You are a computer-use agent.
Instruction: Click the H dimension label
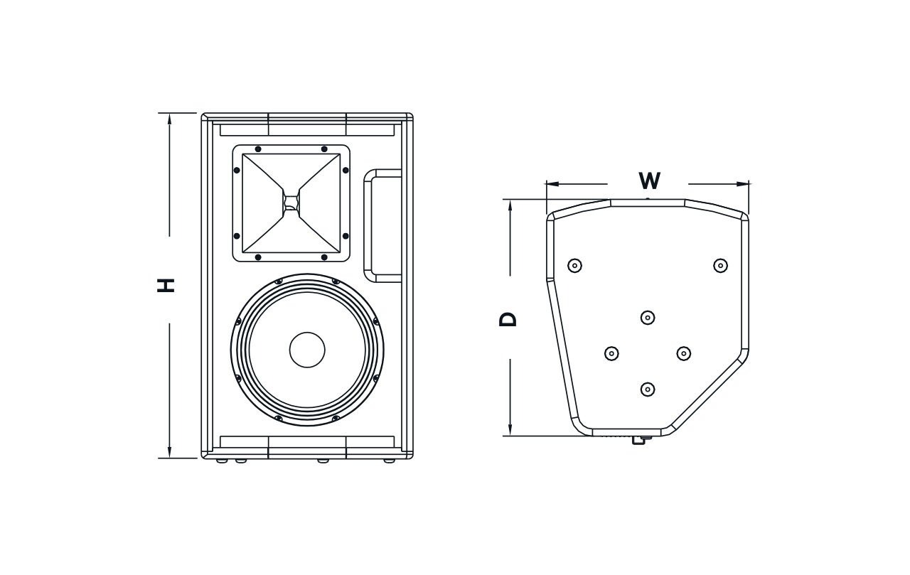[166, 286]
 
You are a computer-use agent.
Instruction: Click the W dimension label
[649, 181]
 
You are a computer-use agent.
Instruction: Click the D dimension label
[508, 319]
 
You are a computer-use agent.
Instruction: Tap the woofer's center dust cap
[307, 350]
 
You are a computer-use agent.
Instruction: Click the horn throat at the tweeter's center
[291, 203]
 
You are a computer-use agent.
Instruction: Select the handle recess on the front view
[382, 225]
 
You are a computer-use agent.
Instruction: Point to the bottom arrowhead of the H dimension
[169, 451]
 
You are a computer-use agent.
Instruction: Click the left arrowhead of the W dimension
[553, 184]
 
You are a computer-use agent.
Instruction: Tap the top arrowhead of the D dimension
[510, 206]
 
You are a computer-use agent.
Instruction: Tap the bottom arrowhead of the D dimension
[510, 429]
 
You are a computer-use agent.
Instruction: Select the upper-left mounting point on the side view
[574, 266]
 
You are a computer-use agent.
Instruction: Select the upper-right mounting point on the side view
[720, 266]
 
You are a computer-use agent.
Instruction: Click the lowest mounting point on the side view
[648, 389]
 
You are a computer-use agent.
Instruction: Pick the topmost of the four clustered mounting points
[648, 317]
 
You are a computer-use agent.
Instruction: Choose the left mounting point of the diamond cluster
[611, 353]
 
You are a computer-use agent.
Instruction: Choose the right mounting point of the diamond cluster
[684, 353]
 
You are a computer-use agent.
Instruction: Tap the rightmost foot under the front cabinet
[389, 461]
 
